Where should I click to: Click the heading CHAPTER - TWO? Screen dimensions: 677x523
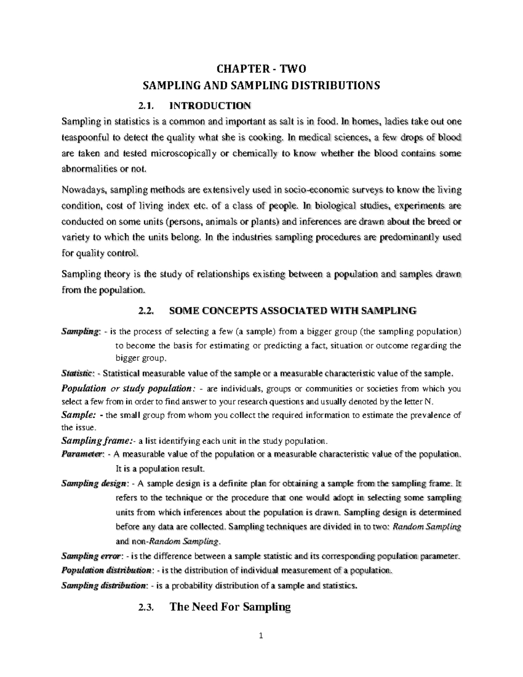click(x=261, y=69)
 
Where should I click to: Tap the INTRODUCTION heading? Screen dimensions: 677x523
click(x=210, y=106)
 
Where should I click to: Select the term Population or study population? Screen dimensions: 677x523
click(x=126, y=388)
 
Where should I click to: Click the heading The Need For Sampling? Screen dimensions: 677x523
click(x=229, y=607)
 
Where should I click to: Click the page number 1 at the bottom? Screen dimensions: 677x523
click(x=261, y=636)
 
